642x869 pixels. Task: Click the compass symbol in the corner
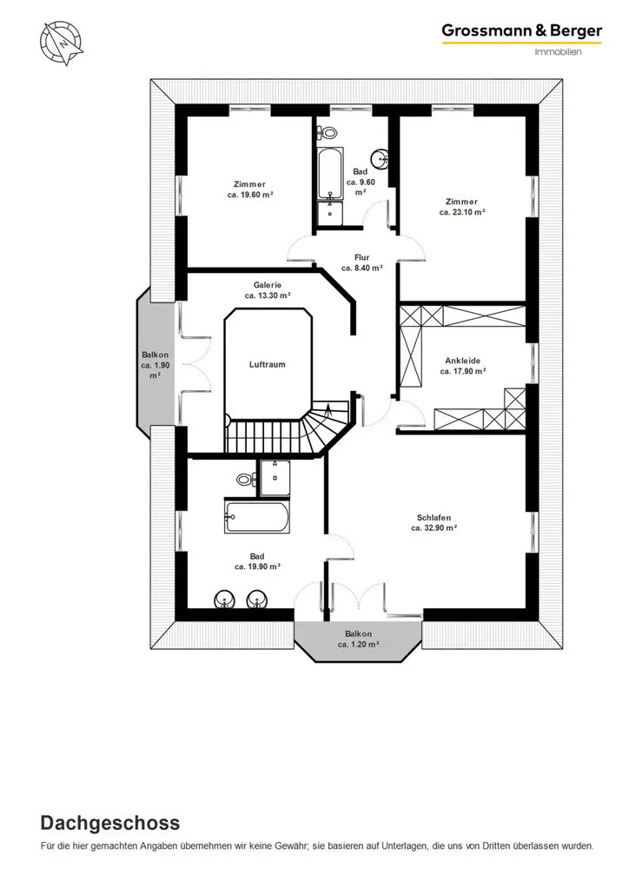click(x=61, y=43)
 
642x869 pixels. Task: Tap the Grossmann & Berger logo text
click(x=522, y=30)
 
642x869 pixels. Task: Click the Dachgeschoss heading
click(x=110, y=823)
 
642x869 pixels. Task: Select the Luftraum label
click(x=267, y=365)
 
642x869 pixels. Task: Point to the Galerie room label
click(x=268, y=285)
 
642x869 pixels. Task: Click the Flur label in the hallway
click(x=361, y=257)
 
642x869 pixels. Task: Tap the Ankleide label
click(x=462, y=361)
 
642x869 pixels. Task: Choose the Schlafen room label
click(x=434, y=518)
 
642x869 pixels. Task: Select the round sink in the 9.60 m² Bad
click(x=381, y=158)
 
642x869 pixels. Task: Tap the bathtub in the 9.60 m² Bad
click(x=330, y=173)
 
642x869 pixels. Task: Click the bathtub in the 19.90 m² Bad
click(x=256, y=518)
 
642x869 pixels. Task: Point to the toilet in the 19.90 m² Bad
click(x=246, y=478)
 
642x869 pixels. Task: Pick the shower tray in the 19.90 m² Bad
click(x=275, y=478)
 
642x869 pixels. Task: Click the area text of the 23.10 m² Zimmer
click(x=462, y=212)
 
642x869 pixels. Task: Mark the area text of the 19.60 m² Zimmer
click(x=250, y=195)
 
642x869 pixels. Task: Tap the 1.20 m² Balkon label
click(x=359, y=639)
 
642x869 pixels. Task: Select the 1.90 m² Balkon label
click(x=156, y=365)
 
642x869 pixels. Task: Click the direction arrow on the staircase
click(x=329, y=411)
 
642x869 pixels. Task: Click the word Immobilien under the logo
click(x=559, y=51)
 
